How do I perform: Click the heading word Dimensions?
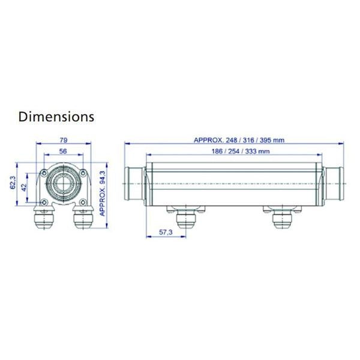coord(56,116)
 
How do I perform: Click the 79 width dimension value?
coord(62,141)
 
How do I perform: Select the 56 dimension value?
coord(62,152)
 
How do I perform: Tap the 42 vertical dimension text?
coord(25,188)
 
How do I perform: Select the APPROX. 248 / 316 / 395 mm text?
coord(239,140)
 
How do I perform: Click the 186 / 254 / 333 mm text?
coord(239,151)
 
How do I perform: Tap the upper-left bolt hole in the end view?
coord(46,173)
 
